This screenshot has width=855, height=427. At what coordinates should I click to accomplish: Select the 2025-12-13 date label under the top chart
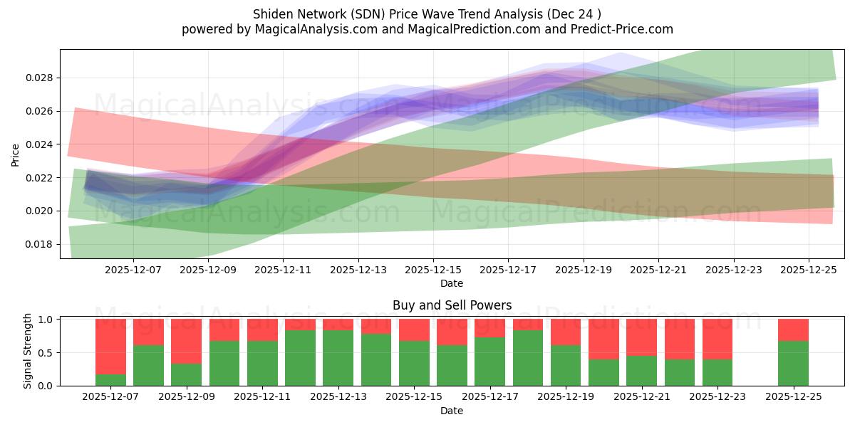[358, 270]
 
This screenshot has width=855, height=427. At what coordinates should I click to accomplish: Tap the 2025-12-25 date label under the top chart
[808, 270]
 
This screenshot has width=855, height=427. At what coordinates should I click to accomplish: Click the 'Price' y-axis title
[16, 154]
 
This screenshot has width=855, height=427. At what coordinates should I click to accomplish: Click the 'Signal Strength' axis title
[28, 351]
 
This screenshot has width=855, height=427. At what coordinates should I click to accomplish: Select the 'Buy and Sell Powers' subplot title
[452, 305]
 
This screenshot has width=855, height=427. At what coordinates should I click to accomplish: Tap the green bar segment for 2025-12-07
[110, 380]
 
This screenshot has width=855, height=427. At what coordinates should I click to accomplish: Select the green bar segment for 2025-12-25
[793, 364]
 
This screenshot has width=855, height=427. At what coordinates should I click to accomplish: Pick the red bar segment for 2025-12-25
[793, 330]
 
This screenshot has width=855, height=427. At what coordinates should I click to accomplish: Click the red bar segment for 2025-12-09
[186, 341]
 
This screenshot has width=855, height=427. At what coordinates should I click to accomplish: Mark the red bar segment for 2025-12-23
[717, 339]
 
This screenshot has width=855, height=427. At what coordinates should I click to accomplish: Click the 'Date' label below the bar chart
[452, 411]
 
